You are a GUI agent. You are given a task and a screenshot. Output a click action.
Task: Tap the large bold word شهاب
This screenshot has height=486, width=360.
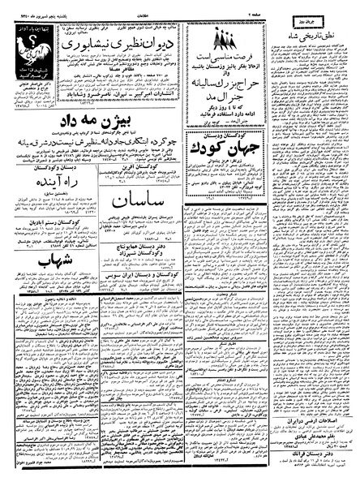pos(45,264)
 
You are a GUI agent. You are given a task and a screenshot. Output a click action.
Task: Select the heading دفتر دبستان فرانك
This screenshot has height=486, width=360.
pos(312,457)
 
